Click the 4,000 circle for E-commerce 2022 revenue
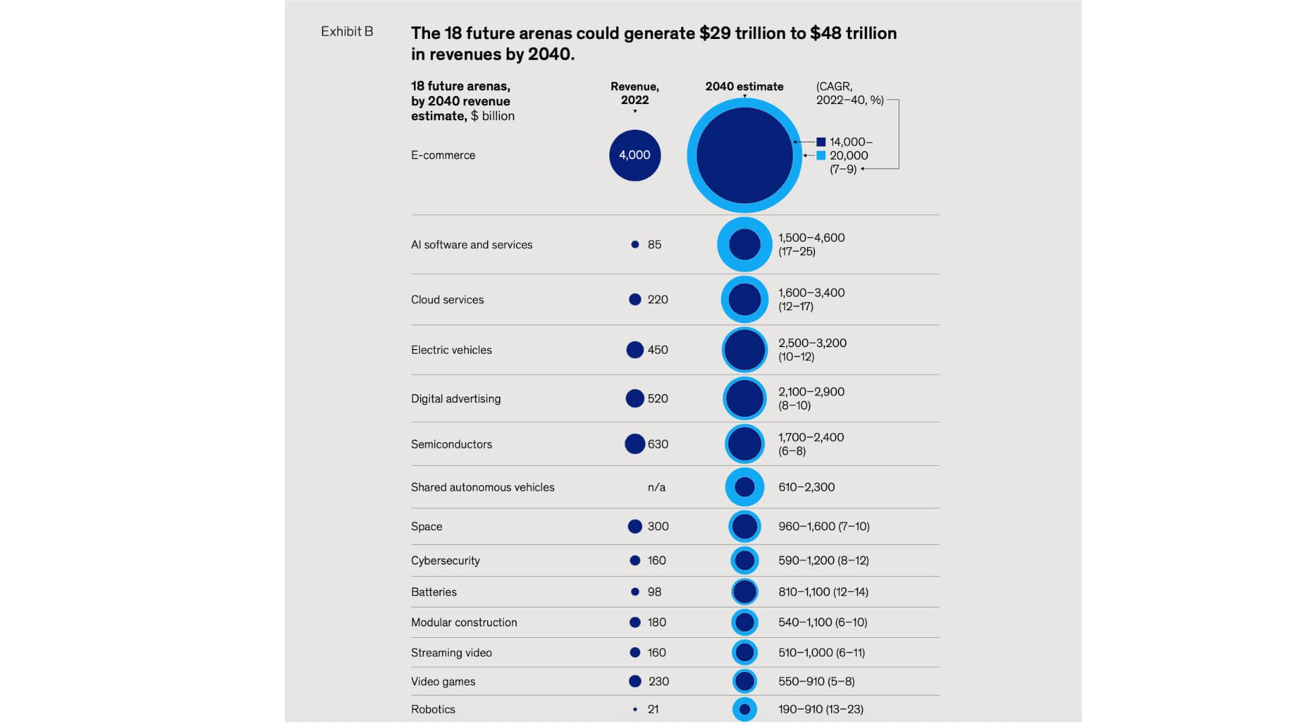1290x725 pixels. pyautogui.click(x=634, y=155)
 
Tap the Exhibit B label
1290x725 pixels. pyautogui.click(x=347, y=32)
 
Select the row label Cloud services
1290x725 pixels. pyautogui.click(x=447, y=299)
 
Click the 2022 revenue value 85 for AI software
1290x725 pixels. pyautogui.click(x=654, y=244)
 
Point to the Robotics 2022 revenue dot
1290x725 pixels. pyautogui.click(x=635, y=709)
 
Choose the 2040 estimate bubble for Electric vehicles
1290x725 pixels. pyautogui.click(x=744, y=350)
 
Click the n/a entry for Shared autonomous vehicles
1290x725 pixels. pyautogui.click(x=656, y=487)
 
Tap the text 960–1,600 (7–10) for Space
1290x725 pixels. pyautogui.click(x=824, y=526)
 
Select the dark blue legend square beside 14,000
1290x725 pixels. pyautogui.click(x=821, y=142)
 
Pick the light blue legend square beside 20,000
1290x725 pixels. pyautogui.click(x=821, y=156)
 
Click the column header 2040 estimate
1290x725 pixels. pyautogui.click(x=744, y=87)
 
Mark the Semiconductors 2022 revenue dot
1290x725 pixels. pyautogui.click(x=634, y=444)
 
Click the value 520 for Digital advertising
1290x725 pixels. pyautogui.click(x=657, y=399)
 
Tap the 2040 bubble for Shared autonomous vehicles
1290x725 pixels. pyautogui.click(x=744, y=487)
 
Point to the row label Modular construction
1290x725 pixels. pyautogui.click(x=464, y=622)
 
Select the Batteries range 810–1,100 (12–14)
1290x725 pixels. pyautogui.click(x=823, y=592)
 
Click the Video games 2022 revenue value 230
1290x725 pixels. pyautogui.click(x=658, y=681)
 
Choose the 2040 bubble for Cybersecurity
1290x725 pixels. pyautogui.click(x=744, y=560)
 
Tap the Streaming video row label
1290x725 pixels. pyautogui.click(x=451, y=652)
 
